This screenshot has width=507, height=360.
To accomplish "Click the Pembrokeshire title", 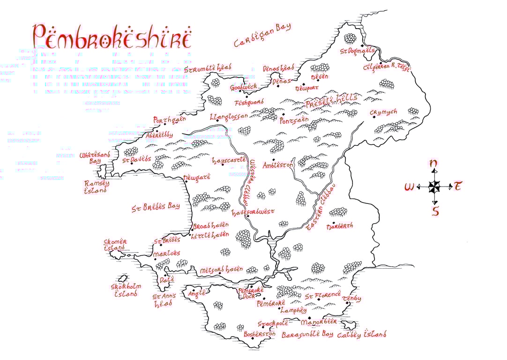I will (x=112, y=37).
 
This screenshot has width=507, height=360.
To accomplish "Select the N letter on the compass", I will (x=434, y=164).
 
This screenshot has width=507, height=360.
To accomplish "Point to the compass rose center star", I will (x=434, y=187).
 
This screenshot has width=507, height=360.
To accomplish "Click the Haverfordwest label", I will (x=253, y=212).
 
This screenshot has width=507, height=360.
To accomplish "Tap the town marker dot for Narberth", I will (x=333, y=223).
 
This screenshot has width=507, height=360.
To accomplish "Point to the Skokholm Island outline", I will (x=124, y=279).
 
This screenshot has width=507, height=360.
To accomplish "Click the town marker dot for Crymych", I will (x=374, y=117).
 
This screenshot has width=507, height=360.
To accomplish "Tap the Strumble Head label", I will (x=209, y=69).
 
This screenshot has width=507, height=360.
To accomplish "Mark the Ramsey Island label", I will (x=96, y=187).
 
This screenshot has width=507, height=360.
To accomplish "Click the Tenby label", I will (x=351, y=299).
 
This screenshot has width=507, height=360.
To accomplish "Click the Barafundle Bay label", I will (x=307, y=334).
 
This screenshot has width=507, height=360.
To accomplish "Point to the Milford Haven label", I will (x=221, y=270).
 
